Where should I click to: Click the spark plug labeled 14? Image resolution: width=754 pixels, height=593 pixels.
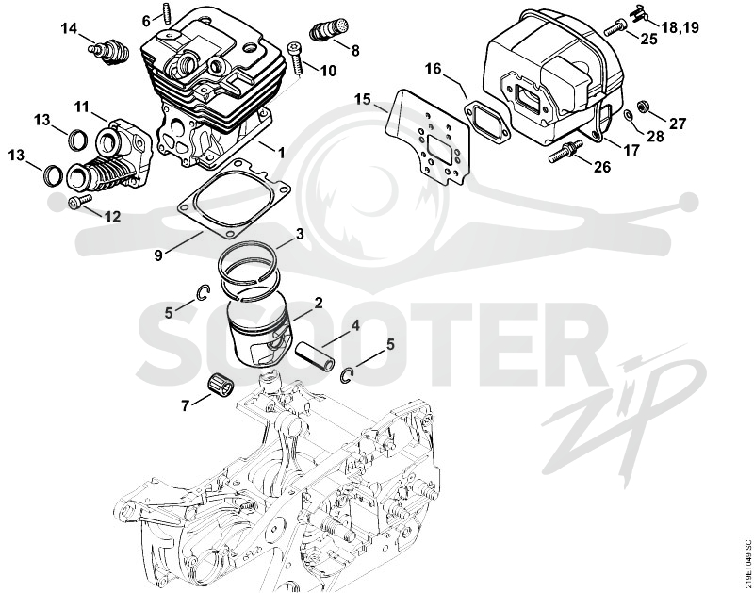[109, 52]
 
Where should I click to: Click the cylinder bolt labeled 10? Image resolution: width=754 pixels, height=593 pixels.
[294, 58]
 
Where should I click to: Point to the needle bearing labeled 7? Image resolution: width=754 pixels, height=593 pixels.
[221, 384]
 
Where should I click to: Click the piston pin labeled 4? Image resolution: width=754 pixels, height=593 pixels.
[315, 356]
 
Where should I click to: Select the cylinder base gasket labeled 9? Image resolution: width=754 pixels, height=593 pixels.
[234, 199]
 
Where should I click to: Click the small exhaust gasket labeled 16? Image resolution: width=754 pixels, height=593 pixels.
[487, 123]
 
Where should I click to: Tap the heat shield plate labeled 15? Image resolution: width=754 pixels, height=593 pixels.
[428, 138]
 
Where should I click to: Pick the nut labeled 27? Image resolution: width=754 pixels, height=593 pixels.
[642, 107]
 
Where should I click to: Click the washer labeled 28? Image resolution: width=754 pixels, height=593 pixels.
[628, 116]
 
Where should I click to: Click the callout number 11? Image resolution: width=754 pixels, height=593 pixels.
[82, 107]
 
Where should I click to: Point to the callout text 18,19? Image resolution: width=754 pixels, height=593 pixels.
[680, 27]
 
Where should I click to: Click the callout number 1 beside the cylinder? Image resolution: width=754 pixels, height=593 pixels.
[281, 153]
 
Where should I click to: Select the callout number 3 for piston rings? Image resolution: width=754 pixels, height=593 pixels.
[300, 235]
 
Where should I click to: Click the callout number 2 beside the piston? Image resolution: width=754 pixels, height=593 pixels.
[318, 304]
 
